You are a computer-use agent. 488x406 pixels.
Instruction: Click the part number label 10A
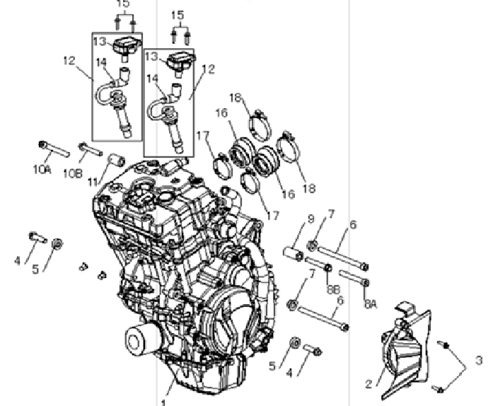(42, 170)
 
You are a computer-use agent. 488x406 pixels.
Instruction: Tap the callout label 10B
(73, 173)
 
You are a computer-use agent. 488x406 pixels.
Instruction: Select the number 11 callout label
(93, 182)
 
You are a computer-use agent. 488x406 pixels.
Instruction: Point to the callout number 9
(311, 219)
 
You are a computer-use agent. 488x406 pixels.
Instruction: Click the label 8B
(333, 289)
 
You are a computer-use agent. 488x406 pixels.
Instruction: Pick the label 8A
(371, 303)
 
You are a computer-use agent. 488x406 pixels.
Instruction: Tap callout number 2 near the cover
(368, 384)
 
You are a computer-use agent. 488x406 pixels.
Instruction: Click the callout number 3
(480, 360)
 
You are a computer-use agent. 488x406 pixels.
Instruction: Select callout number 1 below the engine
(164, 402)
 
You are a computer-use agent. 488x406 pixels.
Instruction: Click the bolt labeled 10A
(54, 149)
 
